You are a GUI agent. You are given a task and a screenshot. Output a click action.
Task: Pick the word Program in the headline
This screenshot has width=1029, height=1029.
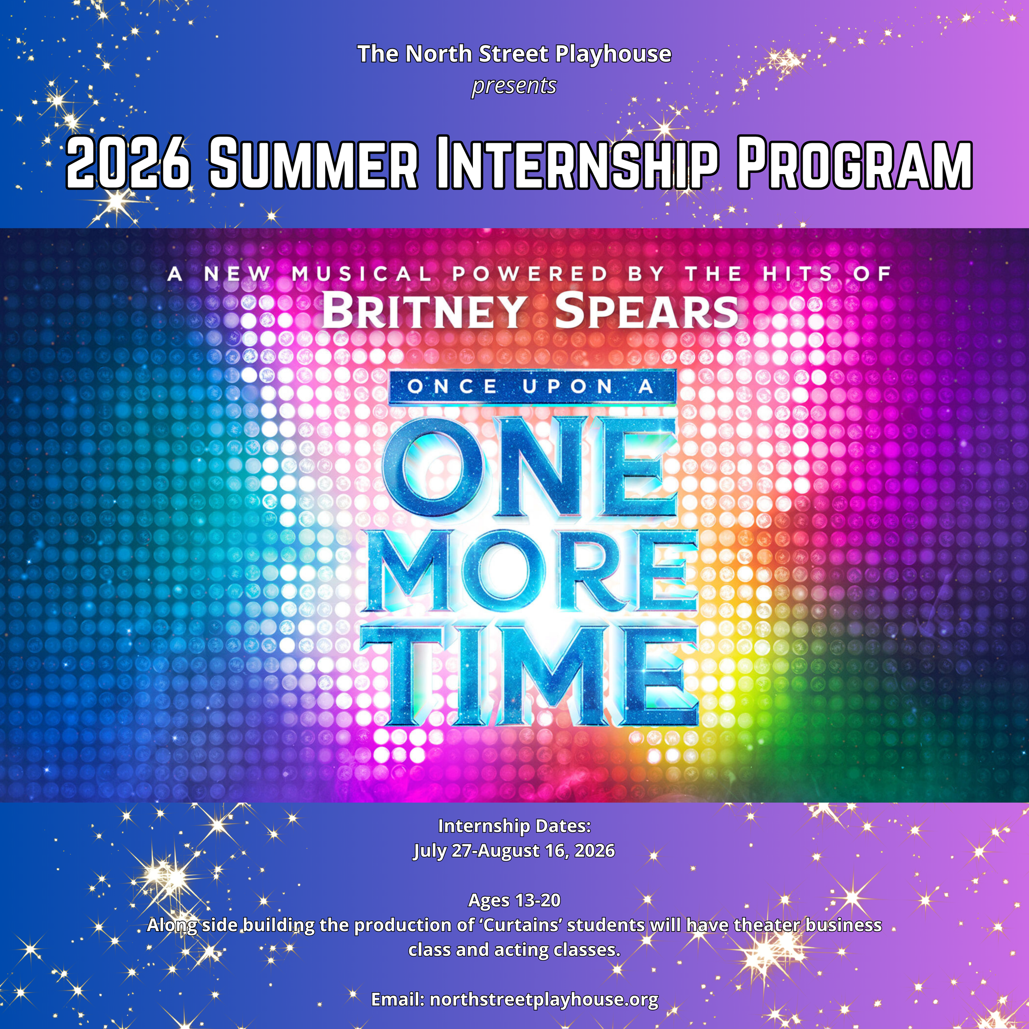click(854, 163)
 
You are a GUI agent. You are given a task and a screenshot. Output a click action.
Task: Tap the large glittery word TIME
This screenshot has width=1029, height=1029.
click(530, 675)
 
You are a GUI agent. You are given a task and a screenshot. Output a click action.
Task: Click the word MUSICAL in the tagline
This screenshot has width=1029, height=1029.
click(361, 274)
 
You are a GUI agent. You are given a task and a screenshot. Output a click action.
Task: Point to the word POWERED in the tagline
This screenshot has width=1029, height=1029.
click(530, 274)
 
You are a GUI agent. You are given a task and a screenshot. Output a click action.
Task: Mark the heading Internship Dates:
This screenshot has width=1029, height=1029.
click(514, 826)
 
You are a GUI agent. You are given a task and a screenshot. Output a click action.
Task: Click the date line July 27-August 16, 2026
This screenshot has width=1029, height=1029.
click(514, 851)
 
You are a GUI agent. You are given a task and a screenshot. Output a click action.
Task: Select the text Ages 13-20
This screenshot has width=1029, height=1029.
click(514, 900)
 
